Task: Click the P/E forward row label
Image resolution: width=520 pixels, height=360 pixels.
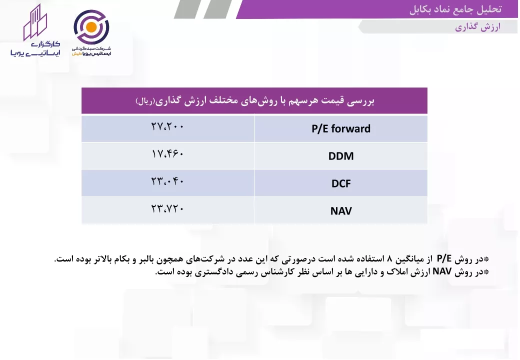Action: pos(341,128)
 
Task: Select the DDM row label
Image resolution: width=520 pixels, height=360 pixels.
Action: pos(341,156)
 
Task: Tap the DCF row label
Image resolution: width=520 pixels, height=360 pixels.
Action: pos(341,183)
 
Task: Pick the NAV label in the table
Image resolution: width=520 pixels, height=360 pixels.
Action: pos(341,211)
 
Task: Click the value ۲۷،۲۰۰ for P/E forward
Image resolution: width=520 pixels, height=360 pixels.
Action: pos(167,126)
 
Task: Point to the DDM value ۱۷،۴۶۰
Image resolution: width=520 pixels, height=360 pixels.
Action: pos(167,154)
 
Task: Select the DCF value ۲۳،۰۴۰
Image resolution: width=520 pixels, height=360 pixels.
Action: pos(167,181)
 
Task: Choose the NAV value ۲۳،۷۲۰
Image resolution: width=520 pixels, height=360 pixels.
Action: pos(167,209)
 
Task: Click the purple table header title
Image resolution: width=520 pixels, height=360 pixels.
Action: pos(254,100)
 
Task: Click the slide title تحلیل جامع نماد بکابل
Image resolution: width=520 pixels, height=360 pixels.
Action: pos(455,9)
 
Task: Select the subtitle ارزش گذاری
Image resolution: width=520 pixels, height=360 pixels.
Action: pos(477,27)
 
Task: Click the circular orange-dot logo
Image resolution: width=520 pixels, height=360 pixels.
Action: pos(91,27)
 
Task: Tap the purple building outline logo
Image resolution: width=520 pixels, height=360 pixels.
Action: pos(35,22)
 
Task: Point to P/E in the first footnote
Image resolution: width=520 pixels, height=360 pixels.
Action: pos(444,258)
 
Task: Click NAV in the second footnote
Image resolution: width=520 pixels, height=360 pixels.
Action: pos(442,271)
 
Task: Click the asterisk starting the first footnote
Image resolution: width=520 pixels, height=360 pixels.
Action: pos(486,259)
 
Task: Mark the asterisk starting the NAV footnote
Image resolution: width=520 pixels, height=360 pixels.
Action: pos(486,272)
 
